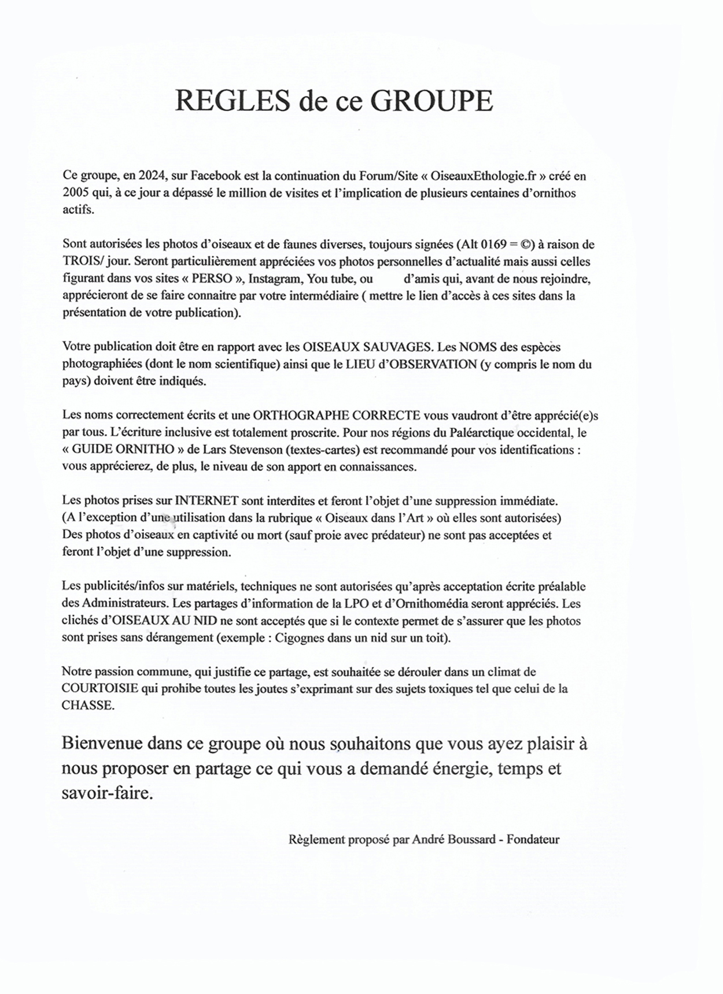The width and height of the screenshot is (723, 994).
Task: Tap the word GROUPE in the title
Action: pyautogui.click(x=431, y=101)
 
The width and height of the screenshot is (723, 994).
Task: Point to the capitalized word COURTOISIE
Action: pyautogui.click(x=100, y=689)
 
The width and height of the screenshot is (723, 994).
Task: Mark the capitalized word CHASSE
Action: pyautogui.click(x=88, y=706)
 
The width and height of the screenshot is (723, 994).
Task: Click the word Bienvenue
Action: pyautogui.click(x=102, y=743)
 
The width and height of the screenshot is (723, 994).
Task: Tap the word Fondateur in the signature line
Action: pyautogui.click(x=533, y=840)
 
